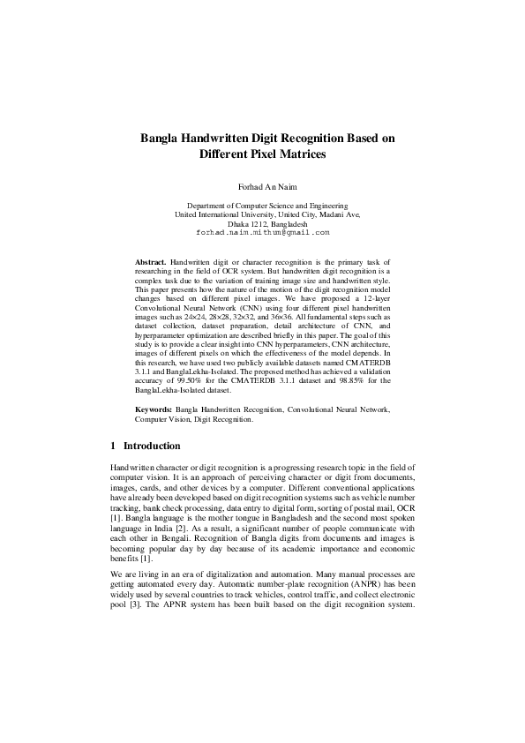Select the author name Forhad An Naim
coord(262,187)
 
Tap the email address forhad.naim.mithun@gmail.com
coord(262,232)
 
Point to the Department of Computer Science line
coord(262,206)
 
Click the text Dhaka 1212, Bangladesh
coord(262,223)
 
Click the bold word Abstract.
coord(151,263)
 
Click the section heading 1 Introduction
coord(146,447)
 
